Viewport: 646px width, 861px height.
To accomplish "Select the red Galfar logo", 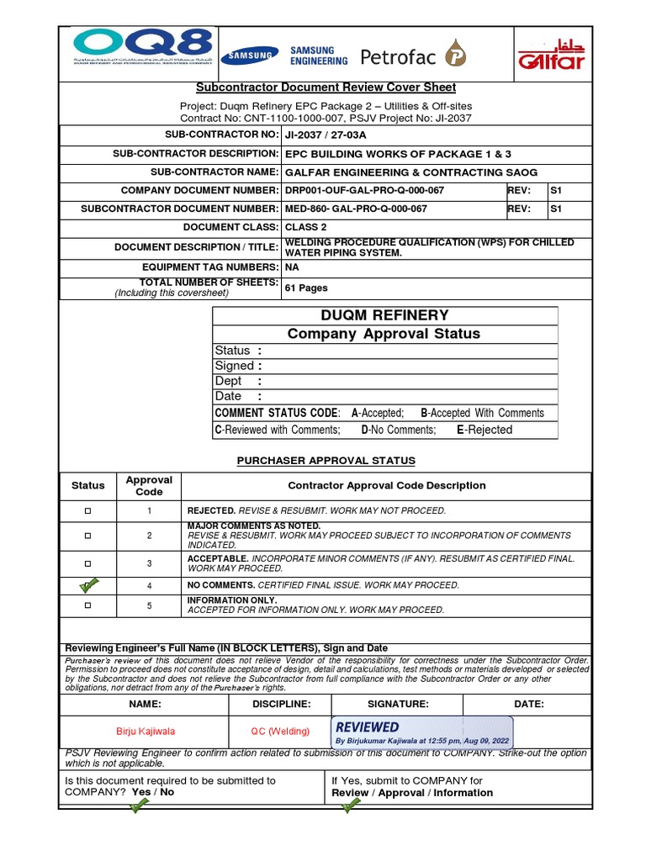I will coord(550,55).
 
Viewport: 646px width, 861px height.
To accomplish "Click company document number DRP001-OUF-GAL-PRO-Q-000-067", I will coord(365,191).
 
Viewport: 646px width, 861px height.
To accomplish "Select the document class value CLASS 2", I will coord(307,227).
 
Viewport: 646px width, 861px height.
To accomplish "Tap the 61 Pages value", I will coord(306,288).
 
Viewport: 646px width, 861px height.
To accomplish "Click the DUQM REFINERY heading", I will coord(384,315).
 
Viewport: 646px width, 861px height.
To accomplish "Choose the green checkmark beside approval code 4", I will coord(88,584).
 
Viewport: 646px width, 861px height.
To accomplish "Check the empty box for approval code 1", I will coord(87,511).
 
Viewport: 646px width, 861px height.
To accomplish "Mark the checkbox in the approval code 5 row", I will coord(87,605).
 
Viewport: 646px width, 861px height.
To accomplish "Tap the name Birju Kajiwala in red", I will coord(146,732).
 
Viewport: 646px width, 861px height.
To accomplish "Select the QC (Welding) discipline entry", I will coord(280,732).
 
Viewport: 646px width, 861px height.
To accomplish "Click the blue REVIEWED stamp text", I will coord(368,726).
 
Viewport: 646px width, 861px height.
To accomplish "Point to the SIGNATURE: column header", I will coord(398,705).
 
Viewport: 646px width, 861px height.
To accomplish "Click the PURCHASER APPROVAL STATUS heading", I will coord(326,461).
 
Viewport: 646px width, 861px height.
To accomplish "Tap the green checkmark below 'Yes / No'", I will coord(138,807).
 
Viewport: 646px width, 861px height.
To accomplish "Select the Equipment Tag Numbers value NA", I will coord(292,267).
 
